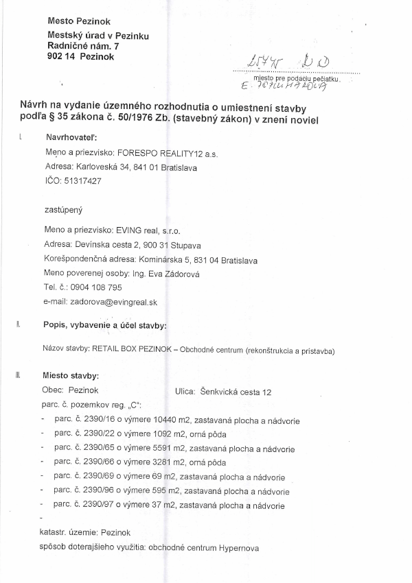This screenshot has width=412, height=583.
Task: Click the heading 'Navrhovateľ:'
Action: tap(73, 137)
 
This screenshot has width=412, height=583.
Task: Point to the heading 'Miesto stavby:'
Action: tap(71, 376)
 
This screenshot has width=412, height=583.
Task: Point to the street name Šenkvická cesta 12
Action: tap(236, 392)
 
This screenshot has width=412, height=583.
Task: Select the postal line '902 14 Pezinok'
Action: tap(81, 57)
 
